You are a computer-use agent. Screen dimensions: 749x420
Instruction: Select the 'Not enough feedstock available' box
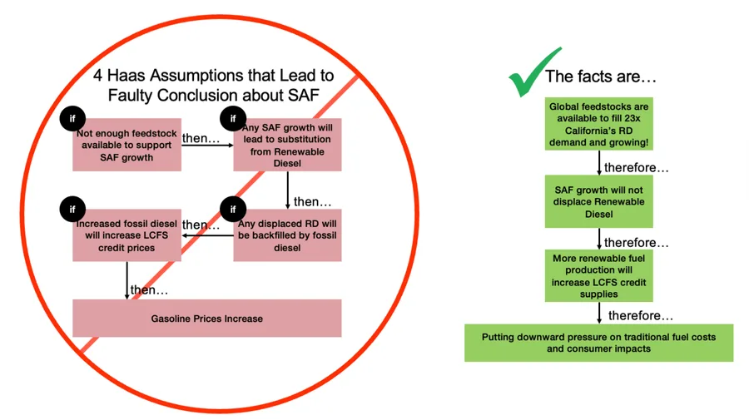point(126,145)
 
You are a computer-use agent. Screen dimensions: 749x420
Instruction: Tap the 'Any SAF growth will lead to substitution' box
point(287,145)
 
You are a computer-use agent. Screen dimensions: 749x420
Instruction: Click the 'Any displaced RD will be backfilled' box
point(287,235)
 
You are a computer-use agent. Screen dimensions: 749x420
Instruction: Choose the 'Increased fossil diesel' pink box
point(126,235)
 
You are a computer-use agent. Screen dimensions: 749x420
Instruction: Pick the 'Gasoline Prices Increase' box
point(207,319)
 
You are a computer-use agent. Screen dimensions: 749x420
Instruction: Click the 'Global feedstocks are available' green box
point(599,124)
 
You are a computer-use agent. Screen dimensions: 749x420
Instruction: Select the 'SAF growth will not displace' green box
point(599,201)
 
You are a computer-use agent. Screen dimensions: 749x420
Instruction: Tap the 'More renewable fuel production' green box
point(599,276)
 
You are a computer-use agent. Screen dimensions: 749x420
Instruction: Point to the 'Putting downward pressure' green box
point(599,343)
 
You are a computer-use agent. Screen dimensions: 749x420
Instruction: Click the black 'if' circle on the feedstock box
point(72,118)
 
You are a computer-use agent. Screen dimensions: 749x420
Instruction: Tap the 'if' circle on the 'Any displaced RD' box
point(233,209)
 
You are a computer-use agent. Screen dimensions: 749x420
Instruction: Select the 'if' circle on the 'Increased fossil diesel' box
point(72,209)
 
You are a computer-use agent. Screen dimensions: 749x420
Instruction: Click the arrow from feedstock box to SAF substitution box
point(207,145)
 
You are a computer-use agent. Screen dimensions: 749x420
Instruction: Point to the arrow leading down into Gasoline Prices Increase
point(126,280)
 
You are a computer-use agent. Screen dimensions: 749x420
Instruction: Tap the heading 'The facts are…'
point(601,77)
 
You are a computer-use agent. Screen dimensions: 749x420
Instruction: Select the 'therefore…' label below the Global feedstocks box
point(637,167)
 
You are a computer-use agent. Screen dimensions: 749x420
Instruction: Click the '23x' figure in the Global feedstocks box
point(632,118)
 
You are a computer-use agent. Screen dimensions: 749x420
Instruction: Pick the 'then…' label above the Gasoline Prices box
point(149,289)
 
